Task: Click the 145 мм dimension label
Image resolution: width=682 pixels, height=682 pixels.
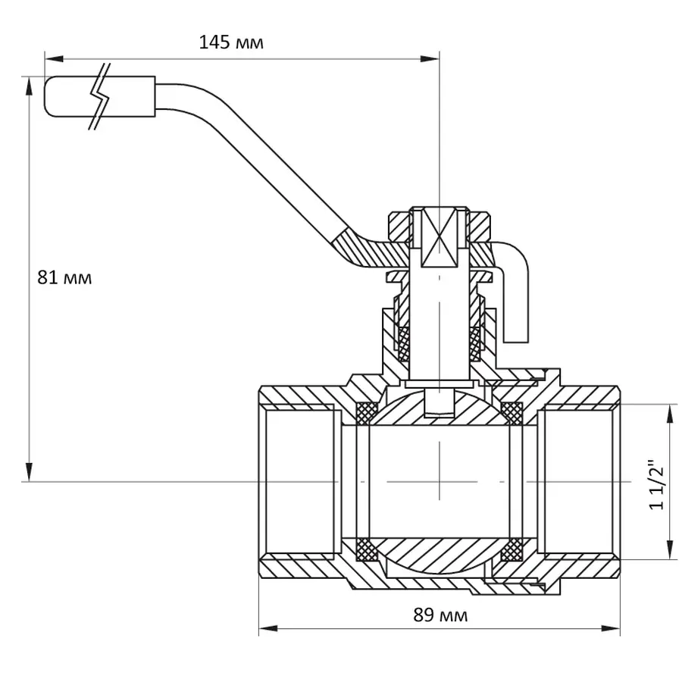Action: pyautogui.click(x=231, y=42)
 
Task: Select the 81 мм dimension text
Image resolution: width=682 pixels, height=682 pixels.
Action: pyautogui.click(x=64, y=277)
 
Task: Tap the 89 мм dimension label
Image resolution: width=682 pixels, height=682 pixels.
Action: pyautogui.click(x=440, y=615)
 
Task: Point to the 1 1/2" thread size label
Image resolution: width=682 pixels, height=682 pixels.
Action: pyautogui.click(x=656, y=483)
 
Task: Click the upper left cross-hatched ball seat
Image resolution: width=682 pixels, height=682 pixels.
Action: pyautogui.click(x=367, y=414)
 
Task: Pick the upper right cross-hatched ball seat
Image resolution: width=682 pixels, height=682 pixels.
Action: pyautogui.click(x=513, y=414)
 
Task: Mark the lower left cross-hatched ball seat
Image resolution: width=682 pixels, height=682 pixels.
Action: pyautogui.click(x=367, y=547)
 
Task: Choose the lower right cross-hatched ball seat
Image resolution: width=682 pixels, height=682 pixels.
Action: pyautogui.click(x=513, y=547)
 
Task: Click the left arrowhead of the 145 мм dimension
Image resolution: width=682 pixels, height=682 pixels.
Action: pyautogui.click(x=50, y=58)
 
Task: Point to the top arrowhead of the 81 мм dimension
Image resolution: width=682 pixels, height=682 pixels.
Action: pyautogui.click(x=30, y=83)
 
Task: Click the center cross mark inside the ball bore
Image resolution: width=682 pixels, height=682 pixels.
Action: pyautogui.click(x=439, y=481)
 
